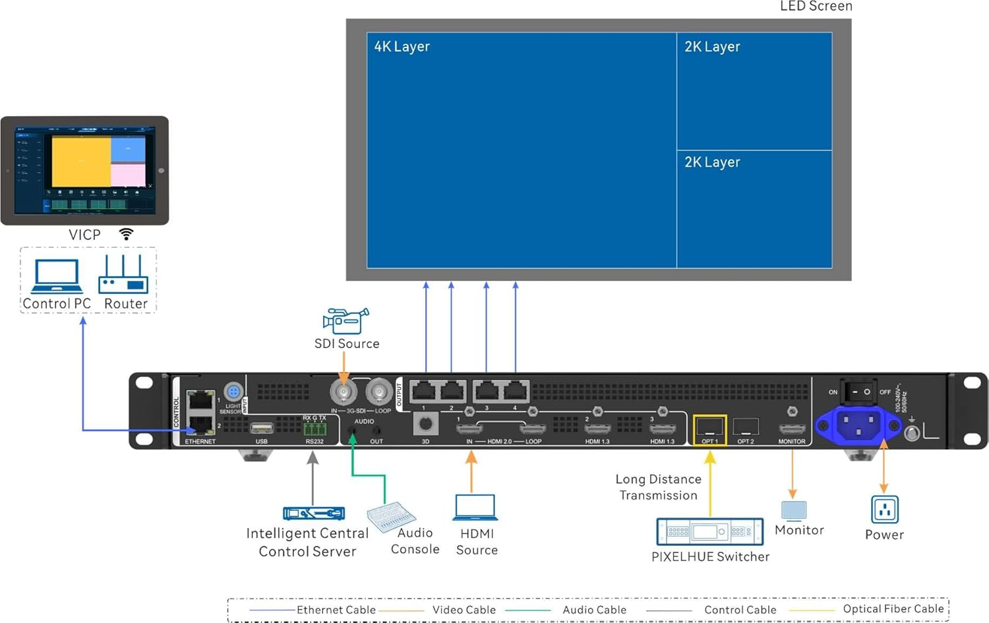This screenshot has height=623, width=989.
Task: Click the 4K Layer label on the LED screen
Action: [402, 47]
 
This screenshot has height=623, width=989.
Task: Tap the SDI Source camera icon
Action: [345, 321]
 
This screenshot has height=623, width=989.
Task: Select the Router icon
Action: [123, 276]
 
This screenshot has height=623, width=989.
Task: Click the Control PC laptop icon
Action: [57, 276]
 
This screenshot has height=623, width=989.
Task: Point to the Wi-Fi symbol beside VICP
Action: [126, 234]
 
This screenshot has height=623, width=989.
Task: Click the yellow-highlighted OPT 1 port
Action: [709, 429]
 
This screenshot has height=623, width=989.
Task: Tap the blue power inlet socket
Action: [858, 424]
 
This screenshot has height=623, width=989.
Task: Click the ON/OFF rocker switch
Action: [859, 392]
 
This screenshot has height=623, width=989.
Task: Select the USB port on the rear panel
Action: [262, 428]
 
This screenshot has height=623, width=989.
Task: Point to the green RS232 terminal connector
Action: [315, 429]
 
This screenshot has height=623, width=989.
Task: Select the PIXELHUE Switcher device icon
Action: [709, 531]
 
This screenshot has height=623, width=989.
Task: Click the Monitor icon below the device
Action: [793, 510]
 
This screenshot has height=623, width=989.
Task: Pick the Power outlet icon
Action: [884, 510]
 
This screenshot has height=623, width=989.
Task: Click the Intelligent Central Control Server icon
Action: [314, 513]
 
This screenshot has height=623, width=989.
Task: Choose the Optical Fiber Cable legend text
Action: [893, 609]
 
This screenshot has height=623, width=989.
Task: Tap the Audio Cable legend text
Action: [594, 610]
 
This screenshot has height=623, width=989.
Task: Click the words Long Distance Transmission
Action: [658, 487]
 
